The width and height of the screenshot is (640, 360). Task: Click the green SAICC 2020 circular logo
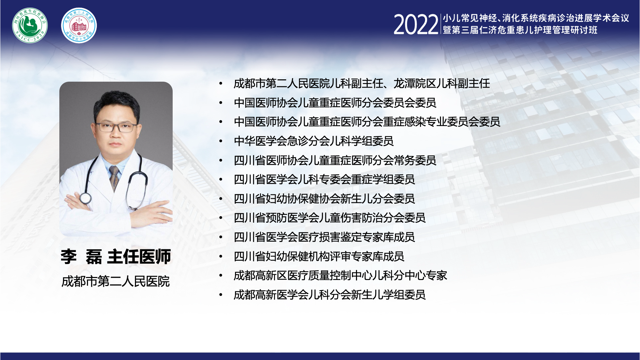tap(30, 25)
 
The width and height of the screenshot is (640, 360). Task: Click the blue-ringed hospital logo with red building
tap(79, 25)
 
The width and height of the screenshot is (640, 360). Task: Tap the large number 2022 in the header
tap(416, 25)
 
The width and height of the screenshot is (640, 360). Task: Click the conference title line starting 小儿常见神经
tap(536, 18)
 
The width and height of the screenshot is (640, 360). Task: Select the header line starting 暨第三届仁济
tap(520, 30)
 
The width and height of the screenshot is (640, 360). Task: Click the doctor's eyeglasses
tap(116, 127)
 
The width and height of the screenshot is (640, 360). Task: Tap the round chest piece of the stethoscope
tap(85, 198)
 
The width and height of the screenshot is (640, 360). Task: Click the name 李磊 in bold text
tap(81, 257)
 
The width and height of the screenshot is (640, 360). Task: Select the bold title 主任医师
tap(139, 257)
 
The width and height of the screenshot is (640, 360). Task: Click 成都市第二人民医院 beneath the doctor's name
tap(116, 282)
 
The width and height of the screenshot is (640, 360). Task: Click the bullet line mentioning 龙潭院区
tap(362, 83)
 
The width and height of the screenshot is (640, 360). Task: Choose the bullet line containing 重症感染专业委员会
tap(367, 122)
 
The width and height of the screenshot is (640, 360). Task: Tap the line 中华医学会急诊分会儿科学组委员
tap(314, 141)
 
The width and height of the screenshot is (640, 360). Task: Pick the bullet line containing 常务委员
tap(335, 160)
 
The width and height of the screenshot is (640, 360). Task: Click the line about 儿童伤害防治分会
tap(330, 218)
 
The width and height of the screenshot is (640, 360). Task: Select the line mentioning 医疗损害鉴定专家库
tap(324, 237)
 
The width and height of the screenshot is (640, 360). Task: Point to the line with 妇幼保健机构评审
tap(319, 256)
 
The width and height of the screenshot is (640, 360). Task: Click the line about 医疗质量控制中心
tap(340, 276)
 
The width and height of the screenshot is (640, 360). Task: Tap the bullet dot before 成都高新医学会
tap(221, 295)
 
